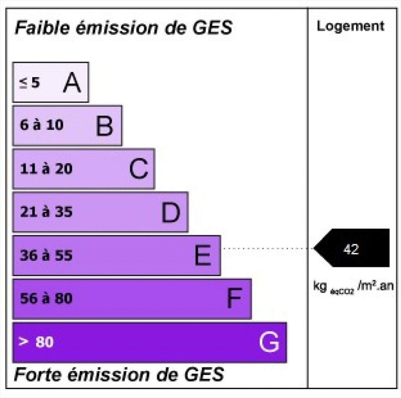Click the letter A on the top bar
pos(72,82)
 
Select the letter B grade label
pos(105,126)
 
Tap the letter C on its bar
pos(138,169)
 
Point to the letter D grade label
pos(171,213)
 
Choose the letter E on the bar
pos(203,255)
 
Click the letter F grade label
pos(234,298)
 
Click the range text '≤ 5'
pos(29,83)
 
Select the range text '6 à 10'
pos(41,125)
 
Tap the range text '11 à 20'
pos(46,169)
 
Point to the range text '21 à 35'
pos(46,212)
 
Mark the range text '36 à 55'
pos(46,255)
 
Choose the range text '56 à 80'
pos(46,298)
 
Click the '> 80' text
pos(36,341)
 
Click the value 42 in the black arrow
pos(351,249)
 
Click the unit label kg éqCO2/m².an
pos(353,287)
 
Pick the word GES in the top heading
pos(212,28)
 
